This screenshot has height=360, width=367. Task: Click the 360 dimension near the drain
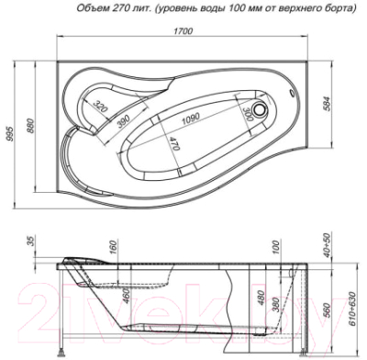coord(247,113)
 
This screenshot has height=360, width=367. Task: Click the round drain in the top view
coord(266,109)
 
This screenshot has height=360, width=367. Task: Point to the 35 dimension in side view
coord(32,242)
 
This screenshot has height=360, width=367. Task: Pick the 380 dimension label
coord(279,298)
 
